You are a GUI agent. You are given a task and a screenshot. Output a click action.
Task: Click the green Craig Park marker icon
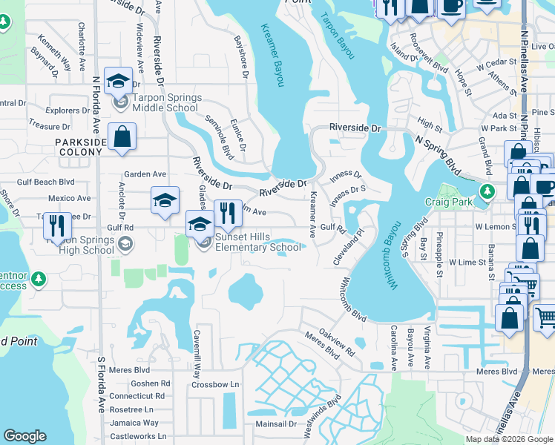(x=487, y=191)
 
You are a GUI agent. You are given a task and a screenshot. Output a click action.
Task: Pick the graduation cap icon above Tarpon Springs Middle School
(x=118, y=82)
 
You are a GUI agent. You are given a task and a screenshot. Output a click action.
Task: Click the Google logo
(x=24, y=436)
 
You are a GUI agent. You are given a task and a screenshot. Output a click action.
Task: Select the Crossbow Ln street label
(x=215, y=384)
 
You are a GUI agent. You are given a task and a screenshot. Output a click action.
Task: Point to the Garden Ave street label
(x=145, y=174)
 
